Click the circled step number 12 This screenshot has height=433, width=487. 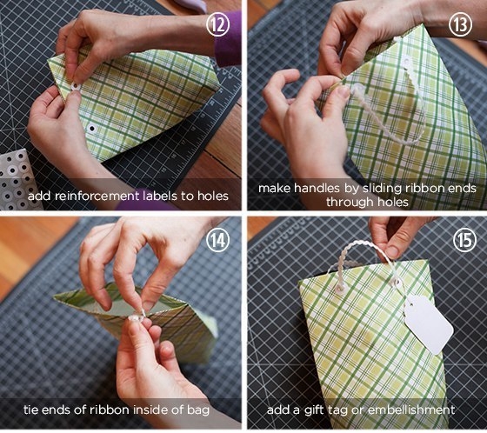pyautogui.click(x=217, y=24)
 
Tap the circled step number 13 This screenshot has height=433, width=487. pyautogui.click(x=460, y=24)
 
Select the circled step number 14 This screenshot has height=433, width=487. pyautogui.click(x=217, y=240)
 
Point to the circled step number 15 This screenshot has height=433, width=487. pyautogui.click(x=464, y=240)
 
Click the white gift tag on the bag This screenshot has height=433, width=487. pyautogui.click(x=429, y=324)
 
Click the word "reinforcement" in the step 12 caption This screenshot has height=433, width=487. pyautogui.click(x=97, y=197)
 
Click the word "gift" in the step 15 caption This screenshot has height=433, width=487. pyautogui.click(x=314, y=410)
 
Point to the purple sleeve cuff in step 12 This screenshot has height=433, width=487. pyautogui.click(x=228, y=39)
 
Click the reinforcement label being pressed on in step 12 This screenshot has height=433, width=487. pyautogui.click(x=76, y=87)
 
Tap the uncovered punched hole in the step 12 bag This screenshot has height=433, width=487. pyautogui.click(x=91, y=128)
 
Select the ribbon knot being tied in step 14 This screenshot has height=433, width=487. pyautogui.click(x=137, y=316)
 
